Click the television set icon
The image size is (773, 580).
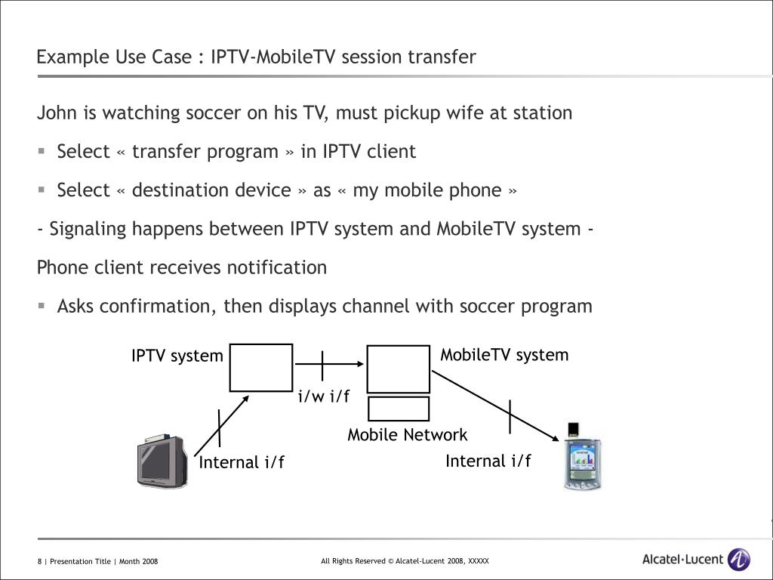162,461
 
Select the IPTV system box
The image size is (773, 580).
261,368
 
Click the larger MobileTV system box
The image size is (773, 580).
398,369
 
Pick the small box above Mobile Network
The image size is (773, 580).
399,409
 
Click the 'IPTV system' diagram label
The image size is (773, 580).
177,356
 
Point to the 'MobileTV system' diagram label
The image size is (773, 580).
504,355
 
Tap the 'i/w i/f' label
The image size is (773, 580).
324,396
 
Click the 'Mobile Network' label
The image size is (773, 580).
407,435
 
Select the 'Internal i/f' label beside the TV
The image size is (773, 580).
242,462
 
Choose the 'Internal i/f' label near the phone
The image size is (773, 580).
488,461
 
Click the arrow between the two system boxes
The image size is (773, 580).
329,366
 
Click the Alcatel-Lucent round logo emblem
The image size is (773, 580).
738,560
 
